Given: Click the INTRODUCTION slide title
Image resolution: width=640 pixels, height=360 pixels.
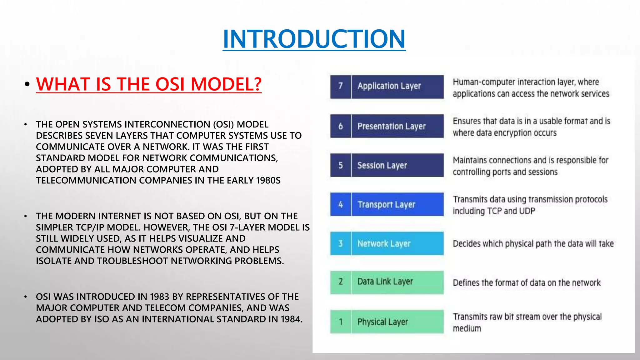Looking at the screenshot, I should click(x=314, y=39).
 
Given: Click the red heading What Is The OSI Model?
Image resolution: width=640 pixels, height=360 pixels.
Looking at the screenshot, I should click(x=149, y=84).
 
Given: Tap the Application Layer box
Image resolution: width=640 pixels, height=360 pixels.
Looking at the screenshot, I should click(x=397, y=86).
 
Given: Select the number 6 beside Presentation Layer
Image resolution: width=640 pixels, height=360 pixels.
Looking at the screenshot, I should click(x=341, y=126).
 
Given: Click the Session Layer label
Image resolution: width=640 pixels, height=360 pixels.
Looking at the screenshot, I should click(x=382, y=165).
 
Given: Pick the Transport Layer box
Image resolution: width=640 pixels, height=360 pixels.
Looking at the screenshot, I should click(x=397, y=204).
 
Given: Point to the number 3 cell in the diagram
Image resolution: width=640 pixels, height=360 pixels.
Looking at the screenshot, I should click(x=341, y=243).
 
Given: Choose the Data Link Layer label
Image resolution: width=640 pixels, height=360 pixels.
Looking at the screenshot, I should click(x=385, y=282).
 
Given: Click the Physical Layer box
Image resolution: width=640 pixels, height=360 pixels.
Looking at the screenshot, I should click(x=397, y=322).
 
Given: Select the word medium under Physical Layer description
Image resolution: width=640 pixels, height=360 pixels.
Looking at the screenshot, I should click(x=467, y=328).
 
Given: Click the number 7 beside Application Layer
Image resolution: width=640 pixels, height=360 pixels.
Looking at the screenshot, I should click(x=341, y=86).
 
